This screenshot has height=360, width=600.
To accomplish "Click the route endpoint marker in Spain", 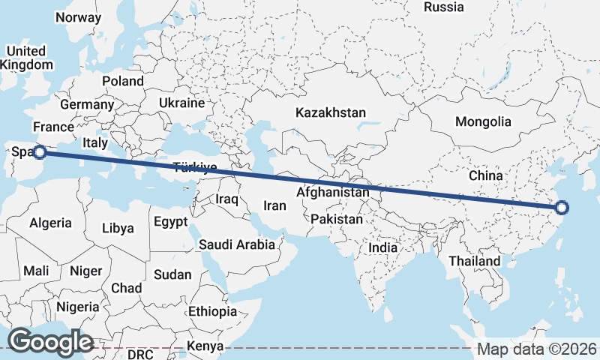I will click(x=40, y=152).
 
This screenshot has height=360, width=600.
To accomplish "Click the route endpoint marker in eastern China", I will click(x=562, y=208).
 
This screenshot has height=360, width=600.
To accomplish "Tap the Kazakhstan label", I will click(x=330, y=113).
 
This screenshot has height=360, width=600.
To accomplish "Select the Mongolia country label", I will click(x=483, y=121).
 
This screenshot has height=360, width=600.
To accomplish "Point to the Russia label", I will click(x=444, y=7).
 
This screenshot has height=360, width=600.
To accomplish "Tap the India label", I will click(x=382, y=247).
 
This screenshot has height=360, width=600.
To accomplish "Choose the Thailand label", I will click(x=474, y=261).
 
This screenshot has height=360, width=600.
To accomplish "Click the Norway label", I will click(x=78, y=17).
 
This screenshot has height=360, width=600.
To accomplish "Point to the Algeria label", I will click(x=50, y=223).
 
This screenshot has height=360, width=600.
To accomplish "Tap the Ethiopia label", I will click(x=212, y=310).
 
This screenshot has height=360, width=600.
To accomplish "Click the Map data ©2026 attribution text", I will click(x=537, y=349).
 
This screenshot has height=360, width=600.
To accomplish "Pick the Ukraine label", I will click(x=181, y=103).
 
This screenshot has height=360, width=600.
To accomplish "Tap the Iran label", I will click(x=274, y=205).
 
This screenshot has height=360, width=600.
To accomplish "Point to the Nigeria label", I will click(x=77, y=307).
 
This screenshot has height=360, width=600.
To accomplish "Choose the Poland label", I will click(x=123, y=81).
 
